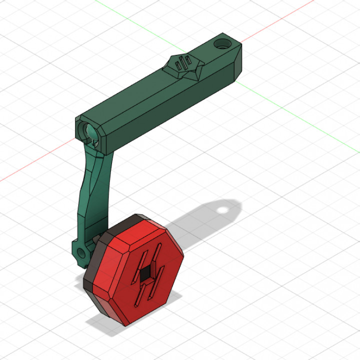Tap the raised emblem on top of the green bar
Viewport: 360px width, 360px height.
click(185, 67)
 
